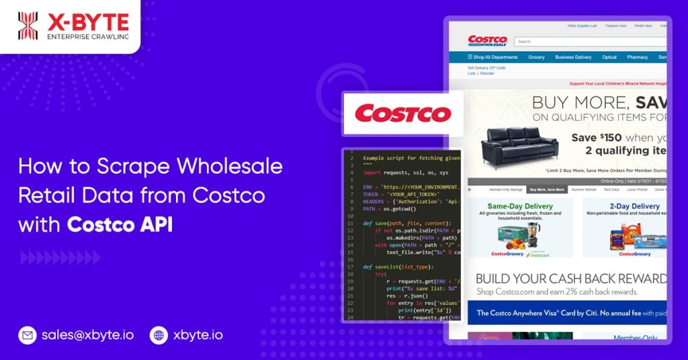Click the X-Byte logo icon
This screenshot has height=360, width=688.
[28, 26]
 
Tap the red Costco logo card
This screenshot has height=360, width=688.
[402, 113]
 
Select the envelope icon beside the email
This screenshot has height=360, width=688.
[28, 334]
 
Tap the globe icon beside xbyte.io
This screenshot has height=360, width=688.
[159, 334]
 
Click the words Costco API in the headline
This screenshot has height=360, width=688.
[120, 224]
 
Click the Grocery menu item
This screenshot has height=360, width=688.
[536, 57]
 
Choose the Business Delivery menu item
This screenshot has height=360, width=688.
[573, 57]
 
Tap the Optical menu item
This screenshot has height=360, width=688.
[609, 57]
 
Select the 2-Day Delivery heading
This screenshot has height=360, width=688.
[634, 206]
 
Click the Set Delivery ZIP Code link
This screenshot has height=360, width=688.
[486, 68]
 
